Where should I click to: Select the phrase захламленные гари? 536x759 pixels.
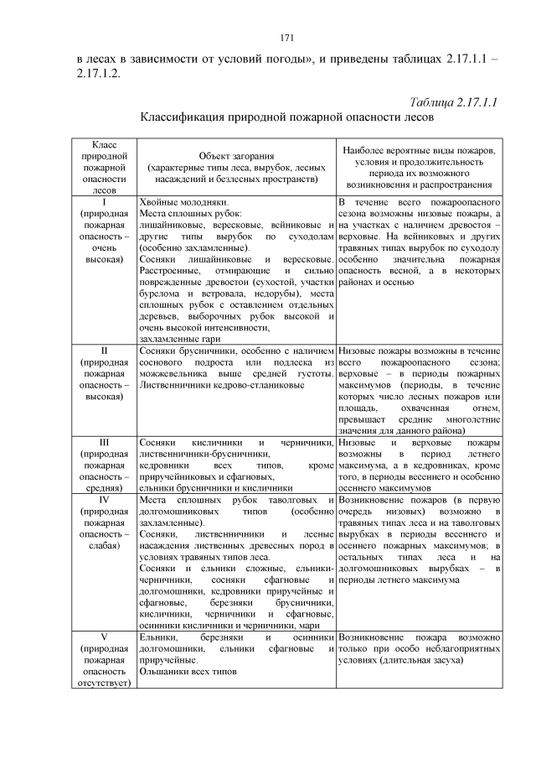coord(180,339)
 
